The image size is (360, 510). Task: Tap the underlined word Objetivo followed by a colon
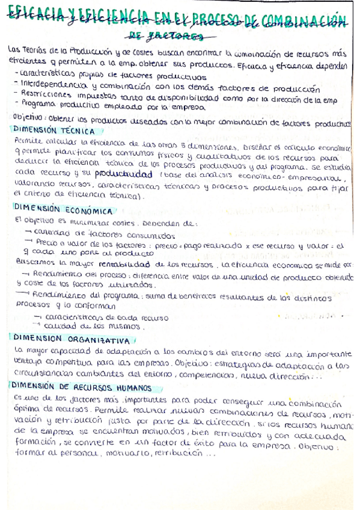[25, 117]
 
